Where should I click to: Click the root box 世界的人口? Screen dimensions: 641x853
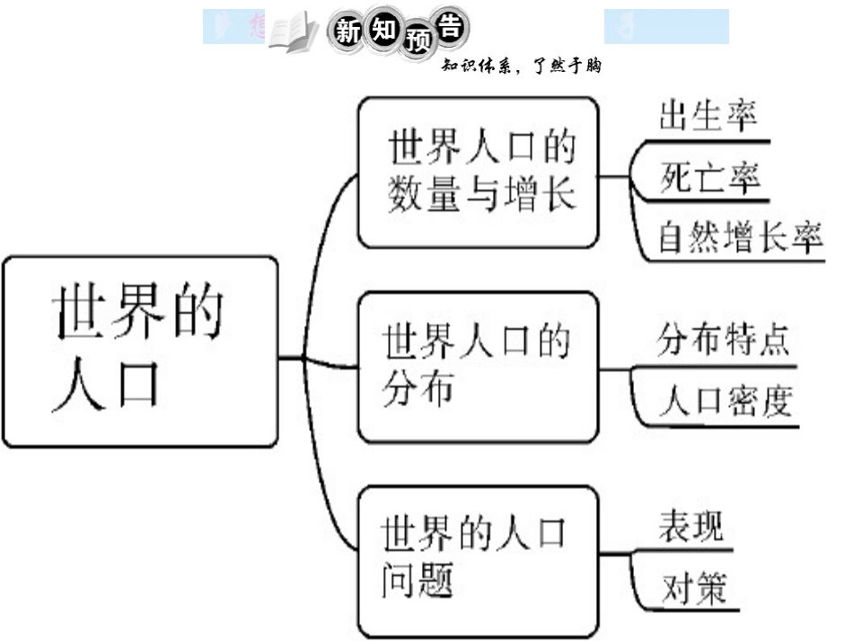[140, 351]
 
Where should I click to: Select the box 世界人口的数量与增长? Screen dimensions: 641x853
[479, 172]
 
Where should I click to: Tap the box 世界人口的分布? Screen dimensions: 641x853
[478, 366]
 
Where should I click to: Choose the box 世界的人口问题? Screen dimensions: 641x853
[477, 561]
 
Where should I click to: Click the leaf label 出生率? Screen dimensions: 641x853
[708, 117]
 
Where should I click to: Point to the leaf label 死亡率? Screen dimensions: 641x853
[709, 176]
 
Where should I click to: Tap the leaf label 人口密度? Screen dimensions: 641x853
[725, 401]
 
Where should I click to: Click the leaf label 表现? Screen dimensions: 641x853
[690, 526]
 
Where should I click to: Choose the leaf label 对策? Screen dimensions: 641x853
[692, 589]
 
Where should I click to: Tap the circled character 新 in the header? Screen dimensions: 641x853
[348, 31]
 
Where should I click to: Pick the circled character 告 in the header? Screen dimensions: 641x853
[450, 28]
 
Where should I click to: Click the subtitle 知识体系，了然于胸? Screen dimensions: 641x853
[521, 65]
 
